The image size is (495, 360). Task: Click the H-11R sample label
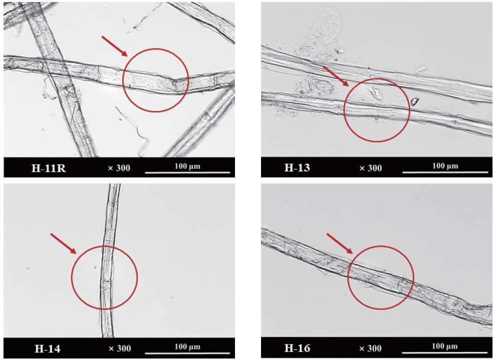[49, 168]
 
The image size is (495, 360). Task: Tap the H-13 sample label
[297, 167]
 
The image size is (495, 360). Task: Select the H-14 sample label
[48, 348]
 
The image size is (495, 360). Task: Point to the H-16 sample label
[297, 347]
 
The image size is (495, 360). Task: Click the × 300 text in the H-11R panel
[119, 168]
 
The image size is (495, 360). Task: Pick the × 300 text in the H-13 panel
[371, 168]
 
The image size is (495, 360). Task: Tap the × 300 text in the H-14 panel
[120, 348]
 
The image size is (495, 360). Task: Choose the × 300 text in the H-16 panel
[370, 348]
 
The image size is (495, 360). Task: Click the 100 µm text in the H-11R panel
[187, 166]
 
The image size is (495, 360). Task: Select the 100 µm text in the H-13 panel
[445, 165]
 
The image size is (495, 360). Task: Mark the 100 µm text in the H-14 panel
[187, 347]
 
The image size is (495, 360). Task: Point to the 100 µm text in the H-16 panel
[444, 346]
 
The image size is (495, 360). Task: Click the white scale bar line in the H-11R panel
[187, 172]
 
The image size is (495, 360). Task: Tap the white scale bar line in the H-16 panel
[445, 352]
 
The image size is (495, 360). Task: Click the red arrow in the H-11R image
[114, 46]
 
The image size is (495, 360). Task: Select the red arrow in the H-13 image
[336, 76]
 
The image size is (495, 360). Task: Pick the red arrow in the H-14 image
[64, 243]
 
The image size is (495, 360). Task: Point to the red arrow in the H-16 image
[340, 243]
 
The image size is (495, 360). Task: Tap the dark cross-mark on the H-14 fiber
[106, 280]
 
